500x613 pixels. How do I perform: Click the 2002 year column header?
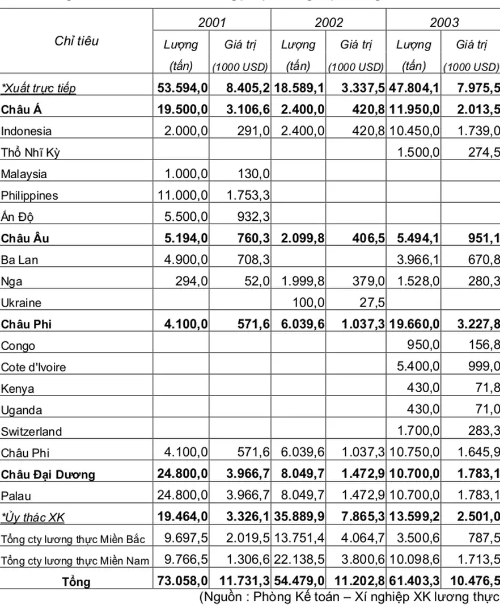click(329, 23)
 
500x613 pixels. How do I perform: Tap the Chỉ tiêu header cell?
click(77, 41)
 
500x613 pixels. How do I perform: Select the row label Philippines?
click(29, 195)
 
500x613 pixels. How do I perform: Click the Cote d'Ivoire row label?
click(33, 367)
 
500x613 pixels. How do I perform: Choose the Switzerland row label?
click(32, 431)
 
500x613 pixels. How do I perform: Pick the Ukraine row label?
click(21, 303)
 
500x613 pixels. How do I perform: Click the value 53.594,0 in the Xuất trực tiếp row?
click(183, 88)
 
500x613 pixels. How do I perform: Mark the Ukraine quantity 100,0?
click(308, 303)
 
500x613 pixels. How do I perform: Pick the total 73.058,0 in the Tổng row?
click(183, 581)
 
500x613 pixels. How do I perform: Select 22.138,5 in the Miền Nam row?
click(299, 560)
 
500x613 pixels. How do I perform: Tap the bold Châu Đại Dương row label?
click(48, 475)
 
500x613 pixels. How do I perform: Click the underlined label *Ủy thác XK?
click(33, 517)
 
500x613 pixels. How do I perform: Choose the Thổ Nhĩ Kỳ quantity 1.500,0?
click(418, 153)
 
